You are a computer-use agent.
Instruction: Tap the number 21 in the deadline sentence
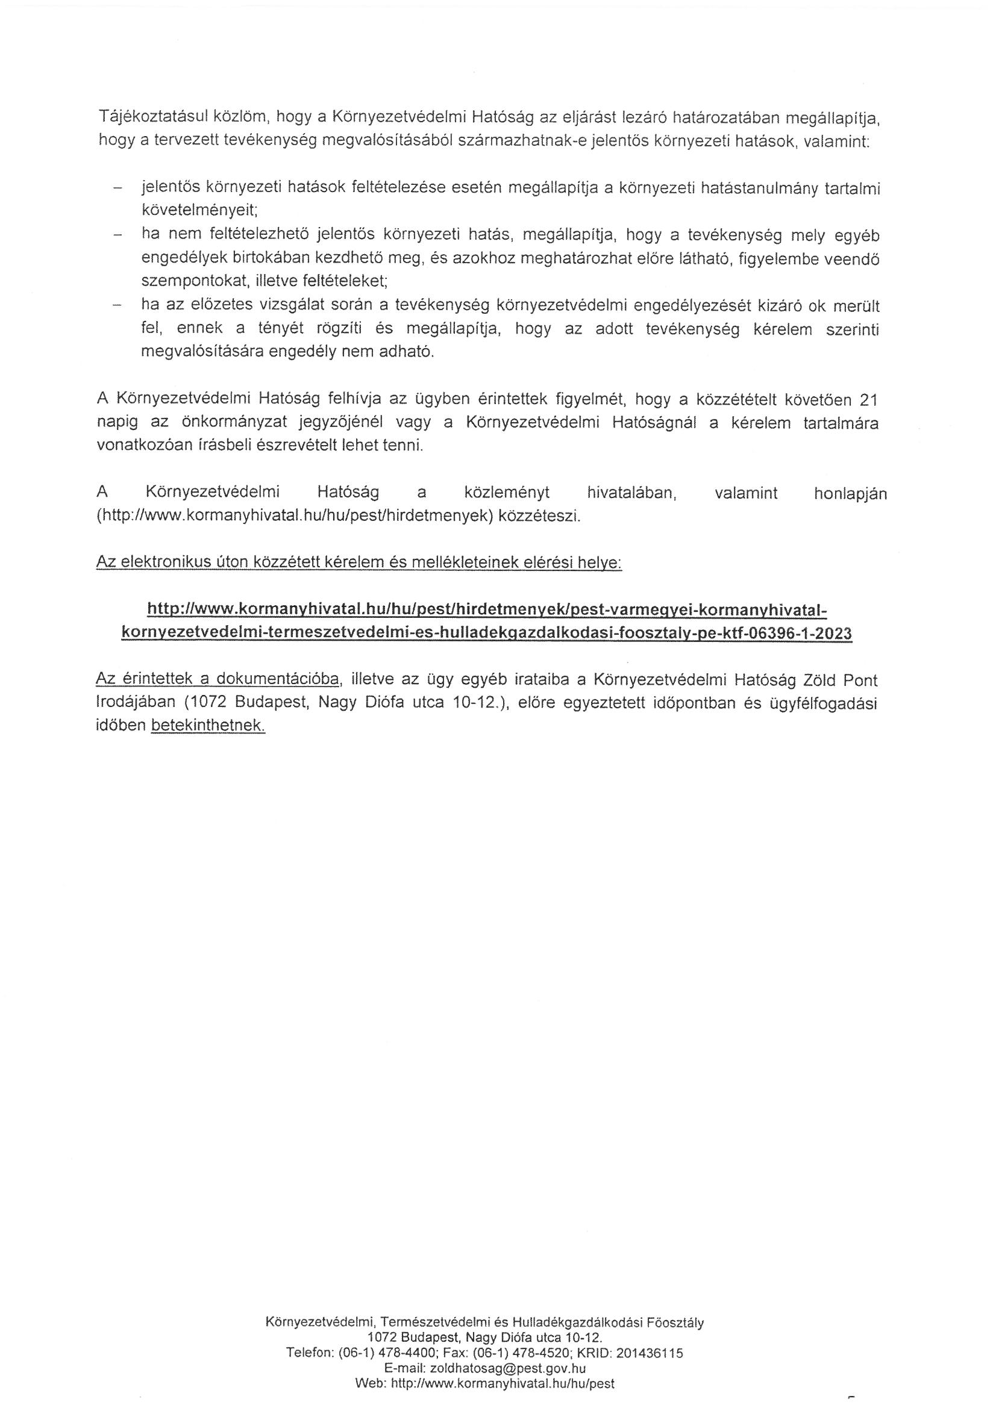[868, 400]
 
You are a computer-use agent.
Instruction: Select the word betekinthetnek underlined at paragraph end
[207, 726]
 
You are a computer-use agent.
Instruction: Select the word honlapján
[850, 494]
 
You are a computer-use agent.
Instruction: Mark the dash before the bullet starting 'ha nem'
[117, 234]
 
